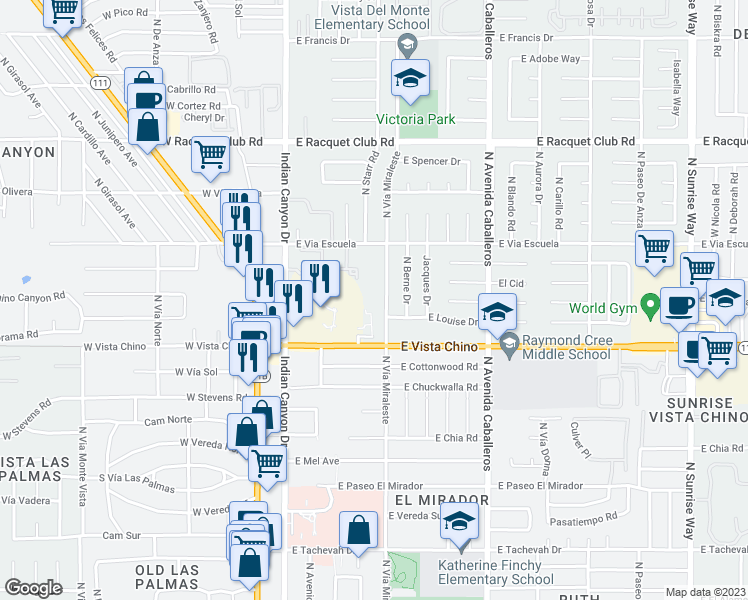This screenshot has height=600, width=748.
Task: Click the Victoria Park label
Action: pos(415,119)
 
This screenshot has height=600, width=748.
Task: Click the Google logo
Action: pos(33,588)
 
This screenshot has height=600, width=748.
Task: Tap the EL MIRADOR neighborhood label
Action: pos(441,499)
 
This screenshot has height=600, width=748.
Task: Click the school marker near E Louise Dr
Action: pos(496,311)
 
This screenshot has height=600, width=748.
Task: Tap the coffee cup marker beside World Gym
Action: pos(679,306)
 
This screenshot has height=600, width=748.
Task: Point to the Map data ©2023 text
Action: pos(706,592)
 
